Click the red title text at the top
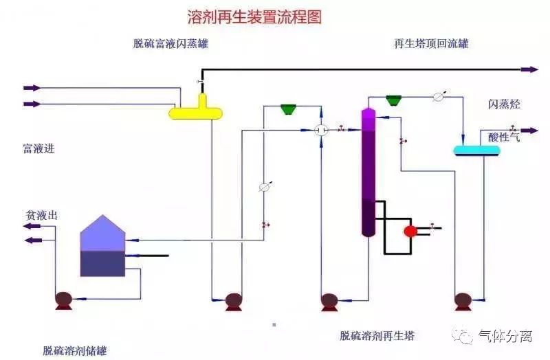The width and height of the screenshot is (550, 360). point(254,16)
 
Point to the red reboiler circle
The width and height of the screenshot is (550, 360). point(410,232)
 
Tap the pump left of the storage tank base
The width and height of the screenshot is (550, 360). point(64,300)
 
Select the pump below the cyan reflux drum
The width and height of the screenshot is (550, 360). point(463,301)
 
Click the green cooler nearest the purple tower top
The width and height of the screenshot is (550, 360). point(393,100)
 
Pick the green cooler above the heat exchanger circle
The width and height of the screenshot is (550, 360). point(288,109)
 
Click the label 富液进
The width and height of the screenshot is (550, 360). point(38,148)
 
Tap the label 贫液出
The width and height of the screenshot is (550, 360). point(41,216)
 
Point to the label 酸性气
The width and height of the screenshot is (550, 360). point(504,137)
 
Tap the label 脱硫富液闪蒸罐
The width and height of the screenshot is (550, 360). point(170,44)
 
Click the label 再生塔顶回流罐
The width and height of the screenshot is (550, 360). point(431,44)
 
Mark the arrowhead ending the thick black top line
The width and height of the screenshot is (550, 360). point(530,69)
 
